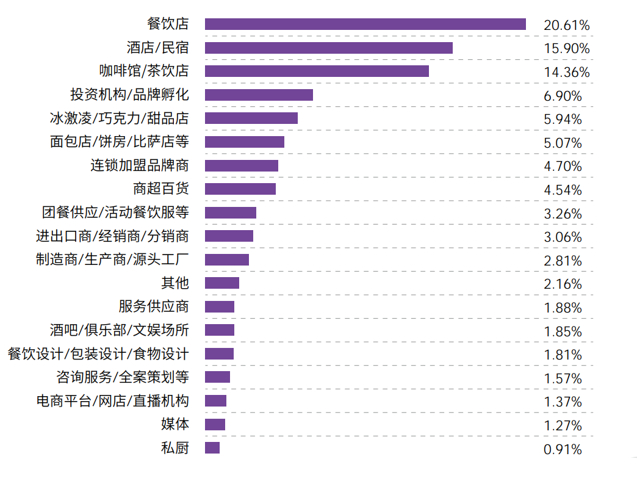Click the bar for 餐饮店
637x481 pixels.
click(365, 24)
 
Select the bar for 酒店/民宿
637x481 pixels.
click(328, 48)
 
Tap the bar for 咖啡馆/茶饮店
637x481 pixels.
click(317, 71)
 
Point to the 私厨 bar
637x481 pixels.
click(212, 448)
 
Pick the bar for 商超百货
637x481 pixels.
click(240, 189)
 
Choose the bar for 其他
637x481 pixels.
click(222, 283)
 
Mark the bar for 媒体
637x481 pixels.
click(215, 425)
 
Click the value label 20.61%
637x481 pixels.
click(566, 26)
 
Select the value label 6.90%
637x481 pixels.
click(563, 96)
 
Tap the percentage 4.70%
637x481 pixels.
click(563, 167)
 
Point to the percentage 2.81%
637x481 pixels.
click(563, 261)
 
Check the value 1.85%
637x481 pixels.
click(563, 332)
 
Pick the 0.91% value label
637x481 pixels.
click(563, 450)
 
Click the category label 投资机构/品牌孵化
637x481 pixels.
click(129, 95)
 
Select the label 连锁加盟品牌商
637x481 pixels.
click(140, 165)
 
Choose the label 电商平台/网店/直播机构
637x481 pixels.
click(112, 401)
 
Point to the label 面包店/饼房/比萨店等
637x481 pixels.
click(119, 142)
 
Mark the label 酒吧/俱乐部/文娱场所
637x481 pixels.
click(119, 330)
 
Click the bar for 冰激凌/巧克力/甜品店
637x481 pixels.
click(251, 118)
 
